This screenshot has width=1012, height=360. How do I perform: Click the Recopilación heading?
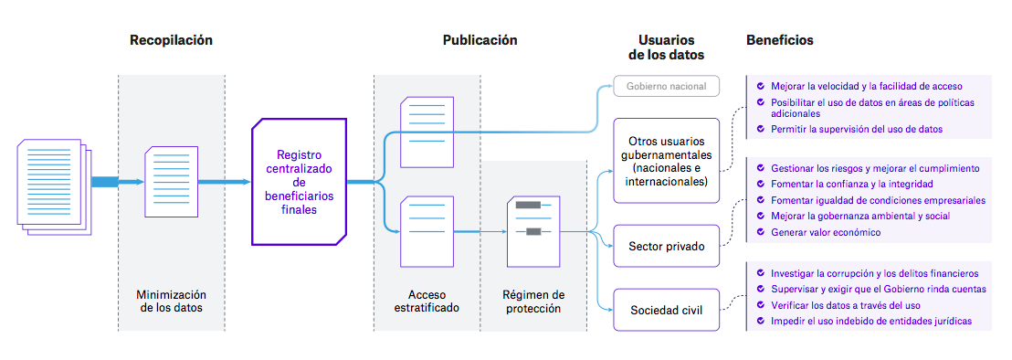pos(171,40)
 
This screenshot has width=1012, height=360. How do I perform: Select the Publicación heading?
pos(480,40)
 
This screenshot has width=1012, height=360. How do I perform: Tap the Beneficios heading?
pos(779,40)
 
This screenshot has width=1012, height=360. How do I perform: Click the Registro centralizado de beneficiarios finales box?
pos(299,182)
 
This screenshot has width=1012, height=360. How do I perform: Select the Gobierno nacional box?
pos(666,87)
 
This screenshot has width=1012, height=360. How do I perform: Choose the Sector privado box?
pos(666,246)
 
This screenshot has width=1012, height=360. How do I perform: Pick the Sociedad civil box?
pos(666,309)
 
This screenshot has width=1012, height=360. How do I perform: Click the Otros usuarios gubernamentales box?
pos(666,161)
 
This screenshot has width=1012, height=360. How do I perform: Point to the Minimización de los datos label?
pos(172,302)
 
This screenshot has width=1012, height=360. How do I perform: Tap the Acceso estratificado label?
pos(427,302)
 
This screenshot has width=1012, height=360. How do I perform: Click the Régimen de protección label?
pos(533,302)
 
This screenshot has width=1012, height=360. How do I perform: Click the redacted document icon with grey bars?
pos(533,231)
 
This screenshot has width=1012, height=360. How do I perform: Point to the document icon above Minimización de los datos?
pos(172,182)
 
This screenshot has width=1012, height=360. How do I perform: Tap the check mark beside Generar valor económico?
pos(760,232)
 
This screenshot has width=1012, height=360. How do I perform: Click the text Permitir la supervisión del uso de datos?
pos(857,130)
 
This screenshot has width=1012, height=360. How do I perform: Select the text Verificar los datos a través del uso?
pos(845,305)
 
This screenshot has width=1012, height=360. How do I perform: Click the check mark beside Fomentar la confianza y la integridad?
pos(760,185)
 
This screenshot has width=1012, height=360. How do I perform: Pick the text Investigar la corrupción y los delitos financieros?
pos(874,273)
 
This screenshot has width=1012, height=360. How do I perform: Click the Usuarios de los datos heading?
pos(666,48)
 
